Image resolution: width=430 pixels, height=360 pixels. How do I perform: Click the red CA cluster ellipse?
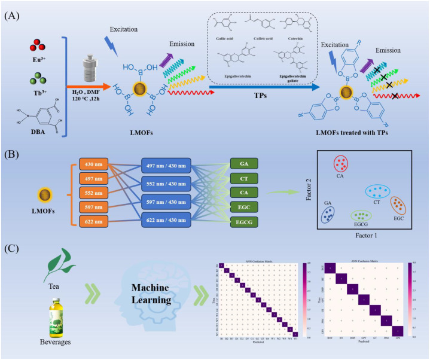(x=341, y=164)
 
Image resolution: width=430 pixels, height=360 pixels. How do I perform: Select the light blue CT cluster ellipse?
(x=377, y=192)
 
